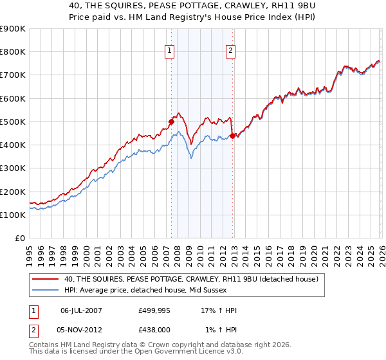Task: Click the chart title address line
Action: click(193, 6)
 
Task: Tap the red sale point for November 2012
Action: click(232, 136)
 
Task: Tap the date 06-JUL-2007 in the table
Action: click(82, 310)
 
